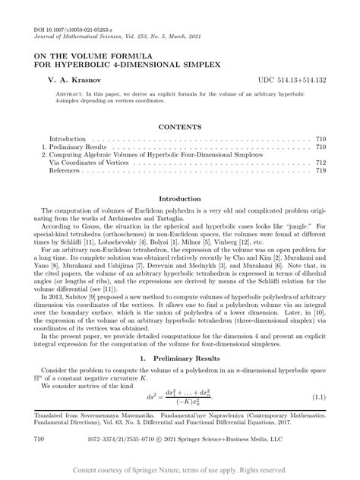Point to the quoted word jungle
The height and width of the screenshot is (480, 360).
point(295,226)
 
